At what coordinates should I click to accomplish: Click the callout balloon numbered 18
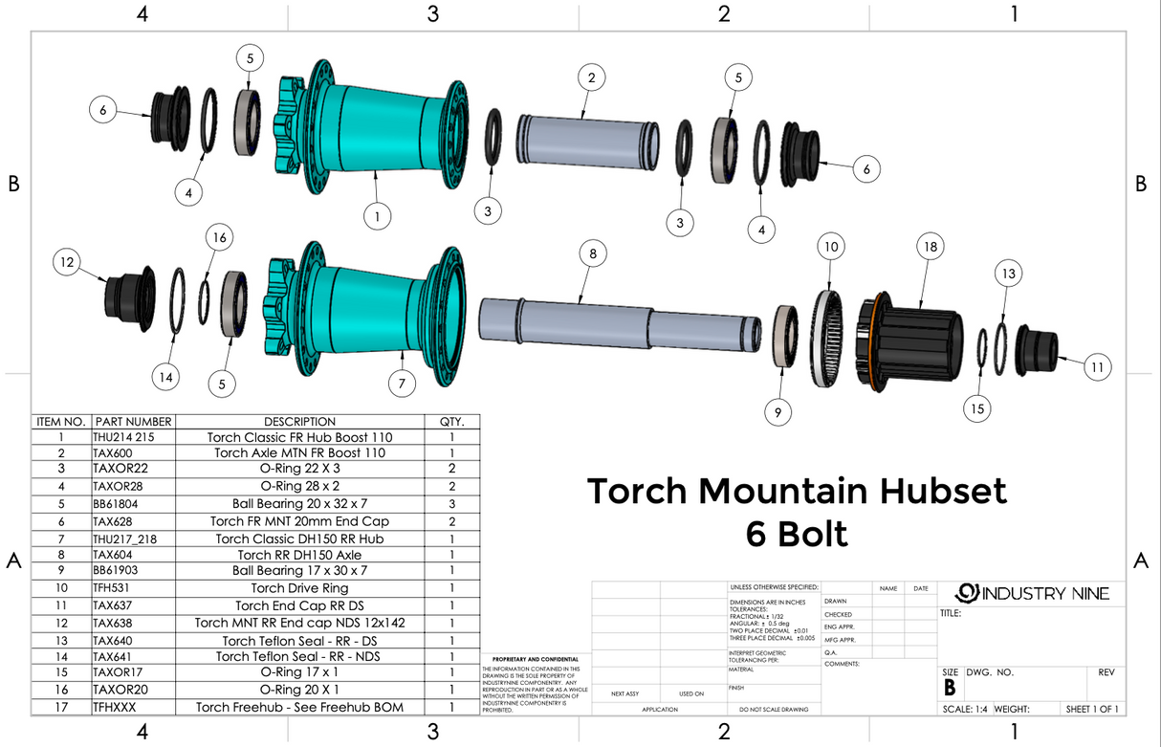928,246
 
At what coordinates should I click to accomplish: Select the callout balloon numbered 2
593,77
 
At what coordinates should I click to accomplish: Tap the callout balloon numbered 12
68,261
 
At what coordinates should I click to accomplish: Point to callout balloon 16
220,236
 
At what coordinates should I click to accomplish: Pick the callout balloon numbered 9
778,412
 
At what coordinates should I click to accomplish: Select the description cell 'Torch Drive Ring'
299,588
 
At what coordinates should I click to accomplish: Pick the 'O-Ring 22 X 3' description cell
299,469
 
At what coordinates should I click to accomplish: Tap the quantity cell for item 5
450,503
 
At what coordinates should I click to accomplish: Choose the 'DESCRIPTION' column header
299,422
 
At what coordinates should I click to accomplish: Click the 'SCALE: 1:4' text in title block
965,709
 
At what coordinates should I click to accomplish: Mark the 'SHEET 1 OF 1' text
1091,709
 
